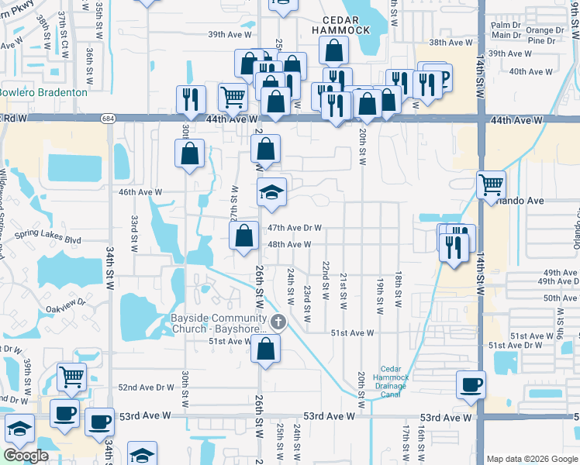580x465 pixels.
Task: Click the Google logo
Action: tap(26, 456)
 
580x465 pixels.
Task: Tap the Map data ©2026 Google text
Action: tap(532, 459)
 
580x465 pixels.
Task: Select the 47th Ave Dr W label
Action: tap(295, 228)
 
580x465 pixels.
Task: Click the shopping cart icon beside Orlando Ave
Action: tap(490, 185)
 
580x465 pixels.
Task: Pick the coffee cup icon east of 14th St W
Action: tap(471, 384)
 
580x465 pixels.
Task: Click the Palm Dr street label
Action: tap(505, 23)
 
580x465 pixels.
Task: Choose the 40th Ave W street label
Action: tap(526, 71)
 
